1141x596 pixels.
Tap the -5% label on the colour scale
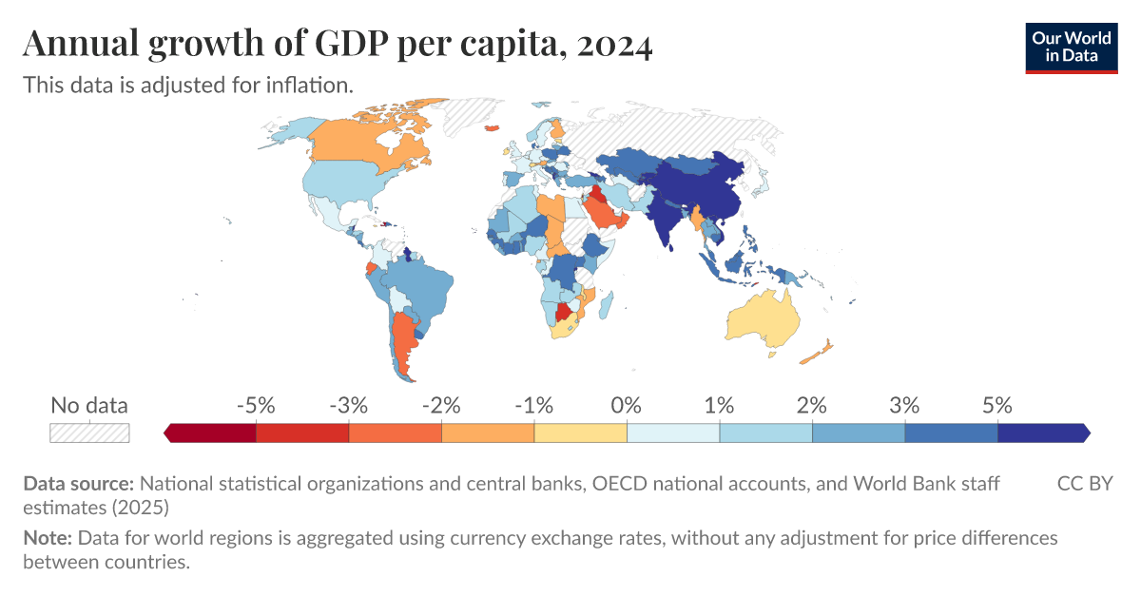click(x=256, y=405)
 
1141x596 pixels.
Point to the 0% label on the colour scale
click(x=627, y=405)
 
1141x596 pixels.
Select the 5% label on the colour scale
click(x=996, y=405)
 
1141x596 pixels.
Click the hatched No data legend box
click(x=89, y=433)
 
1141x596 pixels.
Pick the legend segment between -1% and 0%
click(x=580, y=433)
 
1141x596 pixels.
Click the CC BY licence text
click(x=1084, y=484)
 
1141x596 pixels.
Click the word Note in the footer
click(x=48, y=538)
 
